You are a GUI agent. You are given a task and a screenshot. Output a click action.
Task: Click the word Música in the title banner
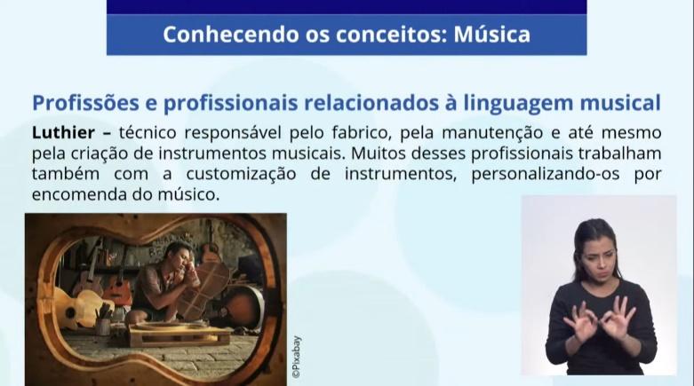pyautogui.click(x=491, y=34)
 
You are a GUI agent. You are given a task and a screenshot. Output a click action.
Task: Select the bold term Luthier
pyautogui.click(x=63, y=132)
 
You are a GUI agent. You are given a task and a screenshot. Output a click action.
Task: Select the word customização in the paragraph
pyautogui.click(x=241, y=174)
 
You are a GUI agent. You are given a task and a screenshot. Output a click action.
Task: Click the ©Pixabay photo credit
pyautogui.click(x=296, y=357)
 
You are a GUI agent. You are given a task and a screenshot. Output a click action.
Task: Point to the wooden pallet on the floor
pyautogui.click(x=179, y=334)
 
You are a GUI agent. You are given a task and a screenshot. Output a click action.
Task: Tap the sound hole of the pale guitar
pyautogui.click(x=70, y=313)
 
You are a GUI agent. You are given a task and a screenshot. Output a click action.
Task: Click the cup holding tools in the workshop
pyautogui.click(x=104, y=326)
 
